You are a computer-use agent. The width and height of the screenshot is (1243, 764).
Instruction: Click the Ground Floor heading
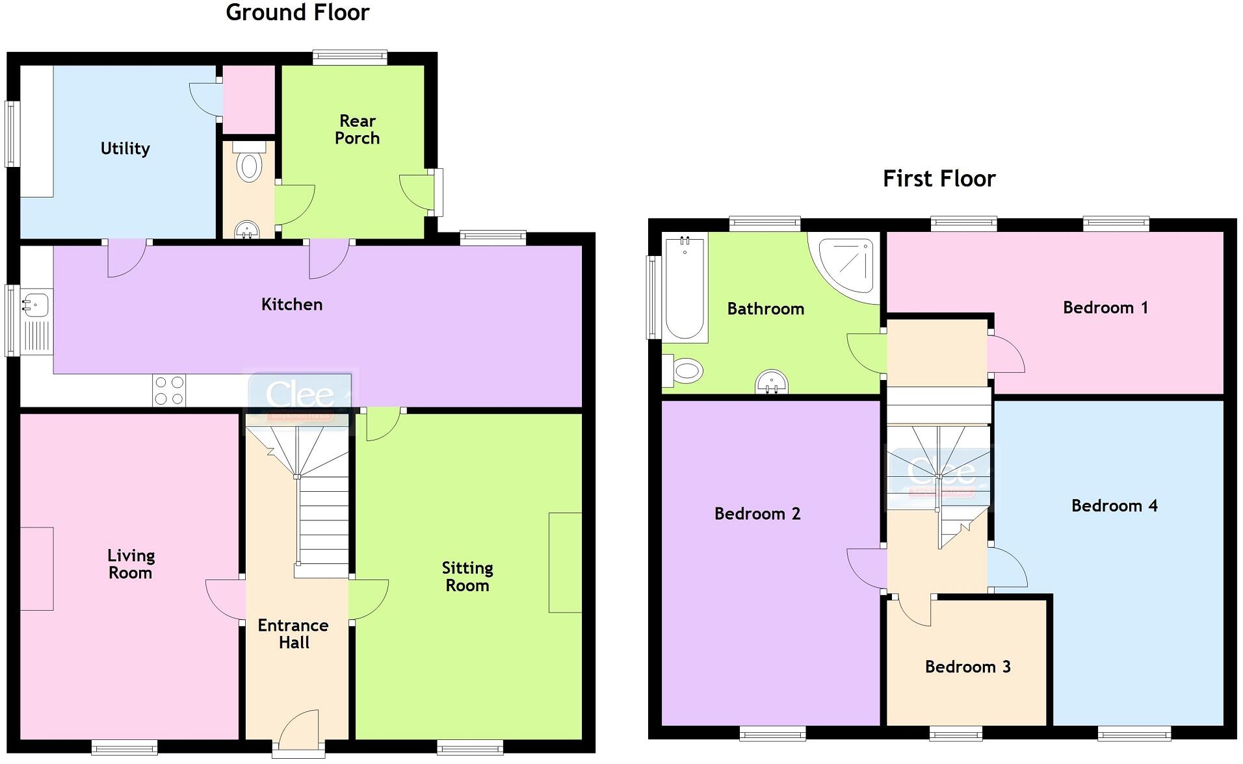point(297,12)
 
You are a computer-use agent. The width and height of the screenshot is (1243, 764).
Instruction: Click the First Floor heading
point(939,179)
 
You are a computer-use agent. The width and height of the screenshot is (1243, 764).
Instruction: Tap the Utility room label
point(125,149)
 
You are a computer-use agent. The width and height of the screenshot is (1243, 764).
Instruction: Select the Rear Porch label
point(357,129)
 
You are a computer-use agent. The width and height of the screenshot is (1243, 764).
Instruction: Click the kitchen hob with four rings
point(169,390)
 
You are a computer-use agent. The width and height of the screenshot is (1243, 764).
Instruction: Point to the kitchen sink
point(36,303)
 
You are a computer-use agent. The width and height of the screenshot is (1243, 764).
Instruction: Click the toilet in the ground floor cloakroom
point(248,164)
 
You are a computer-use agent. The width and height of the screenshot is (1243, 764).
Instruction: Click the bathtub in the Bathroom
point(685,287)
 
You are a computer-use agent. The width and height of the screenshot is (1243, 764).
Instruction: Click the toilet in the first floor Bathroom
point(685,372)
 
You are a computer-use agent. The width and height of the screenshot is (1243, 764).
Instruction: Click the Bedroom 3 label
point(967,667)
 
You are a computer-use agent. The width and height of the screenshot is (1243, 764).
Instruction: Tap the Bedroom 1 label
point(1105,308)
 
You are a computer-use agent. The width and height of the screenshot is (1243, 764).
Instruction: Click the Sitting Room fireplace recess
point(565,563)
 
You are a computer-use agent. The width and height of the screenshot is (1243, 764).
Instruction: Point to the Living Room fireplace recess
point(37,568)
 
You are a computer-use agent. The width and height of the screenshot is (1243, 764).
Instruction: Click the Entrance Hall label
point(293,634)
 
